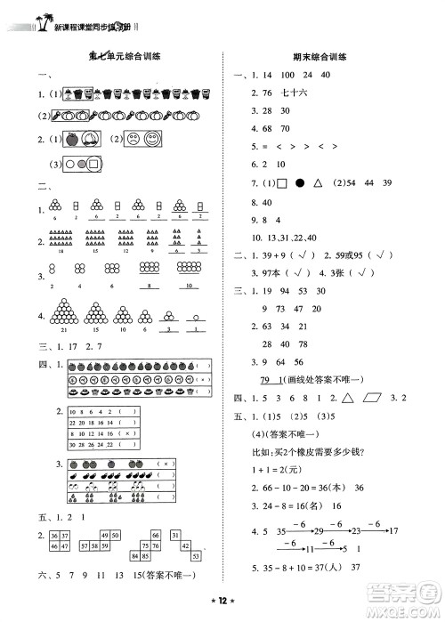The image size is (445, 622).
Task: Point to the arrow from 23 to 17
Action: tap(377, 529)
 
